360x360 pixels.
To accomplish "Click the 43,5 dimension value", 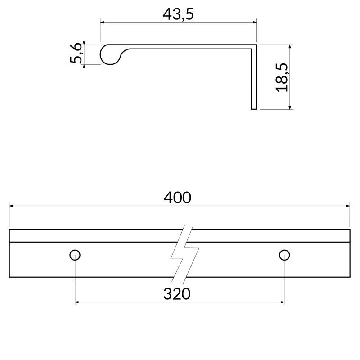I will pyautogui.click(x=178, y=14).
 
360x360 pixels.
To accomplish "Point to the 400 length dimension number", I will pyautogui.click(x=177, y=198).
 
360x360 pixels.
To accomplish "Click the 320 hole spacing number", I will pyautogui.click(x=177, y=294).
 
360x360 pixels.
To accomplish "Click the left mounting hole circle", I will pyautogui.click(x=75, y=255).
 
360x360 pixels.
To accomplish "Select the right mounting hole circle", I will pyautogui.click(x=284, y=255).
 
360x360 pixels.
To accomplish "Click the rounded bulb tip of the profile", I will pyautogui.click(x=106, y=54).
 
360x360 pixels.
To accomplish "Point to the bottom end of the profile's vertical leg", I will pyautogui.click(x=254, y=108).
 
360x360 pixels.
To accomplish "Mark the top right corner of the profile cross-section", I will pyautogui.click(x=256, y=45).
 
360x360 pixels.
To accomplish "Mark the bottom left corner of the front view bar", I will pyautogui.click(x=9, y=277).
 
